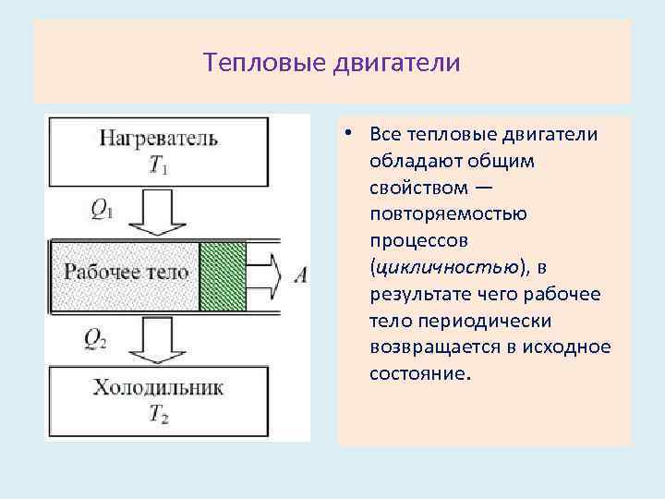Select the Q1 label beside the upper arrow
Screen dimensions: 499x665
coord(101,210)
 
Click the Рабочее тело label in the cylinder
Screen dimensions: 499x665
coord(127,272)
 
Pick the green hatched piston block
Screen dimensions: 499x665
coord(223,275)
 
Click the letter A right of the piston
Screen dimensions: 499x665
coord(300,274)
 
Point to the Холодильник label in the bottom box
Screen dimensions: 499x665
coord(158,387)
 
